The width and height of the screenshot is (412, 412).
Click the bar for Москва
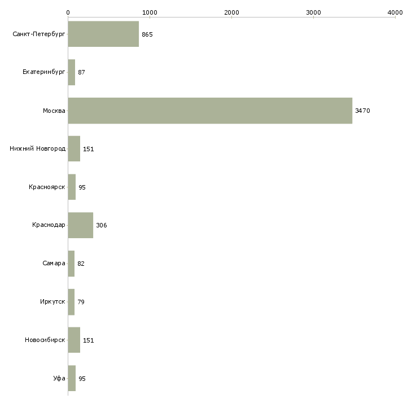pyautogui.click(x=210, y=111)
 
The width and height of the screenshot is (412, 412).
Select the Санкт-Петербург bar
pyautogui.click(x=103, y=34)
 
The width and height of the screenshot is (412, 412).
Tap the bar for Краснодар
pyautogui.click(x=80, y=225)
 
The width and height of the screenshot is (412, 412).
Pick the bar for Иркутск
pyautogui.click(x=71, y=302)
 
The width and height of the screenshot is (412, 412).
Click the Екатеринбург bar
pyautogui.click(x=71, y=72)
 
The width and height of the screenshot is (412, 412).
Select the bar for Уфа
pyautogui.click(x=72, y=378)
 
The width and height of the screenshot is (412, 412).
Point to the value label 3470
pyautogui.click(x=362, y=111)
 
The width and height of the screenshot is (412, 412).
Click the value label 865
pyautogui.click(x=147, y=34)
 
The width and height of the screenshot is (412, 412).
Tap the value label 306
pyautogui.click(x=102, y=226)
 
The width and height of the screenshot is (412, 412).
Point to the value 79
pyautogui.click(x=81, y=302)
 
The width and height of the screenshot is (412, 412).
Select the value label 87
pyautogui.click(x=81, y=73)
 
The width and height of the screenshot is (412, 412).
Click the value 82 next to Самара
pyautogui.click(x=81, y=264)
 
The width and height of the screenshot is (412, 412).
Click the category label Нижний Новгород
pyautogui.click(x=37, y=149)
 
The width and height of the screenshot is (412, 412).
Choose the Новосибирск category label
pyautogui.click(x=45, y=340)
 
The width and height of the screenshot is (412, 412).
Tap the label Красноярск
pyautogui.click(x=47, y=187)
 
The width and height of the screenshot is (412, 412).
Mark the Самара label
pyautogui.click(x=54, y=264)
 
